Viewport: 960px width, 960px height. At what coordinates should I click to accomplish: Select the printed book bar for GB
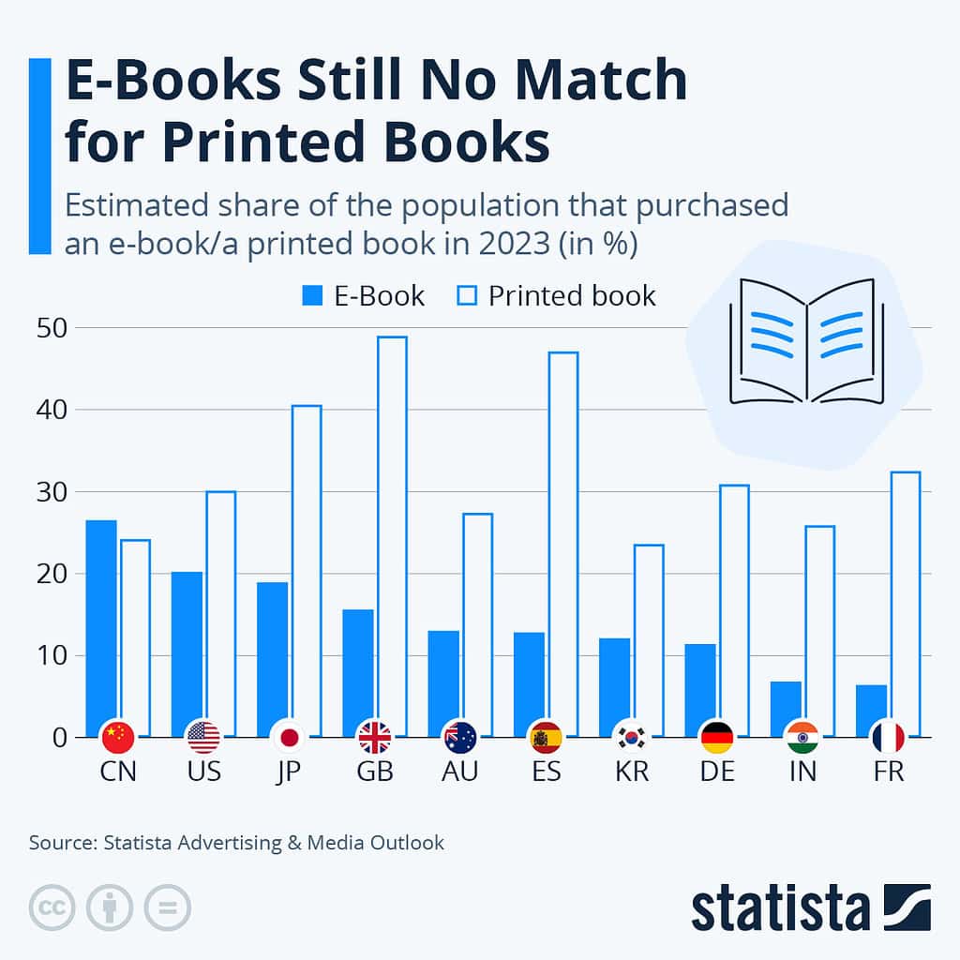click(x=392, y=534)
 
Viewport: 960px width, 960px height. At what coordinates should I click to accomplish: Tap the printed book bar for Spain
click(x=563, y=544)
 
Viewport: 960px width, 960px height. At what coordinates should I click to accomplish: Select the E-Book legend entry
click(x=363, y=296)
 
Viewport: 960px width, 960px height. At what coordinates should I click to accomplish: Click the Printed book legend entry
click(x=558, y=296)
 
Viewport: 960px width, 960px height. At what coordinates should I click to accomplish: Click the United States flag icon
click(x=203, y=738)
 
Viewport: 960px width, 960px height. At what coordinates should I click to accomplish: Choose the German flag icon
click(x=717, y=738)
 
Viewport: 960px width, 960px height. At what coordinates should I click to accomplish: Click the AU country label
click(x=460, y=772)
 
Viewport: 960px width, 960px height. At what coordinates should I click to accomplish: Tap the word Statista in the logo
click(x=780, y=907)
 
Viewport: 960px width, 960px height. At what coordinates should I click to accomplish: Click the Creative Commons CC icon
click(x=52, y=907)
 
